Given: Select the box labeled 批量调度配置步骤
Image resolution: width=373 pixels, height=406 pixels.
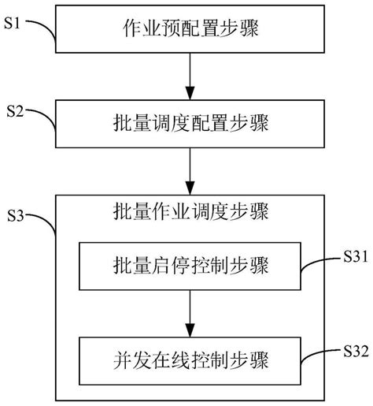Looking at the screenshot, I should pos(190,125).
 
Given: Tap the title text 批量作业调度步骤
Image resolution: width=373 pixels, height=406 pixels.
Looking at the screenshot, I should pos(190,212).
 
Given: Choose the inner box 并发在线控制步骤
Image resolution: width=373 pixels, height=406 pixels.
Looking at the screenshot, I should pos(190,361).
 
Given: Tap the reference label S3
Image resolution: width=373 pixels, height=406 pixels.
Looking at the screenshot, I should pos(17,214).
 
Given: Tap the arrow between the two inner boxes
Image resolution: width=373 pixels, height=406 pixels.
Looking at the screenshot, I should pos(190,316).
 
